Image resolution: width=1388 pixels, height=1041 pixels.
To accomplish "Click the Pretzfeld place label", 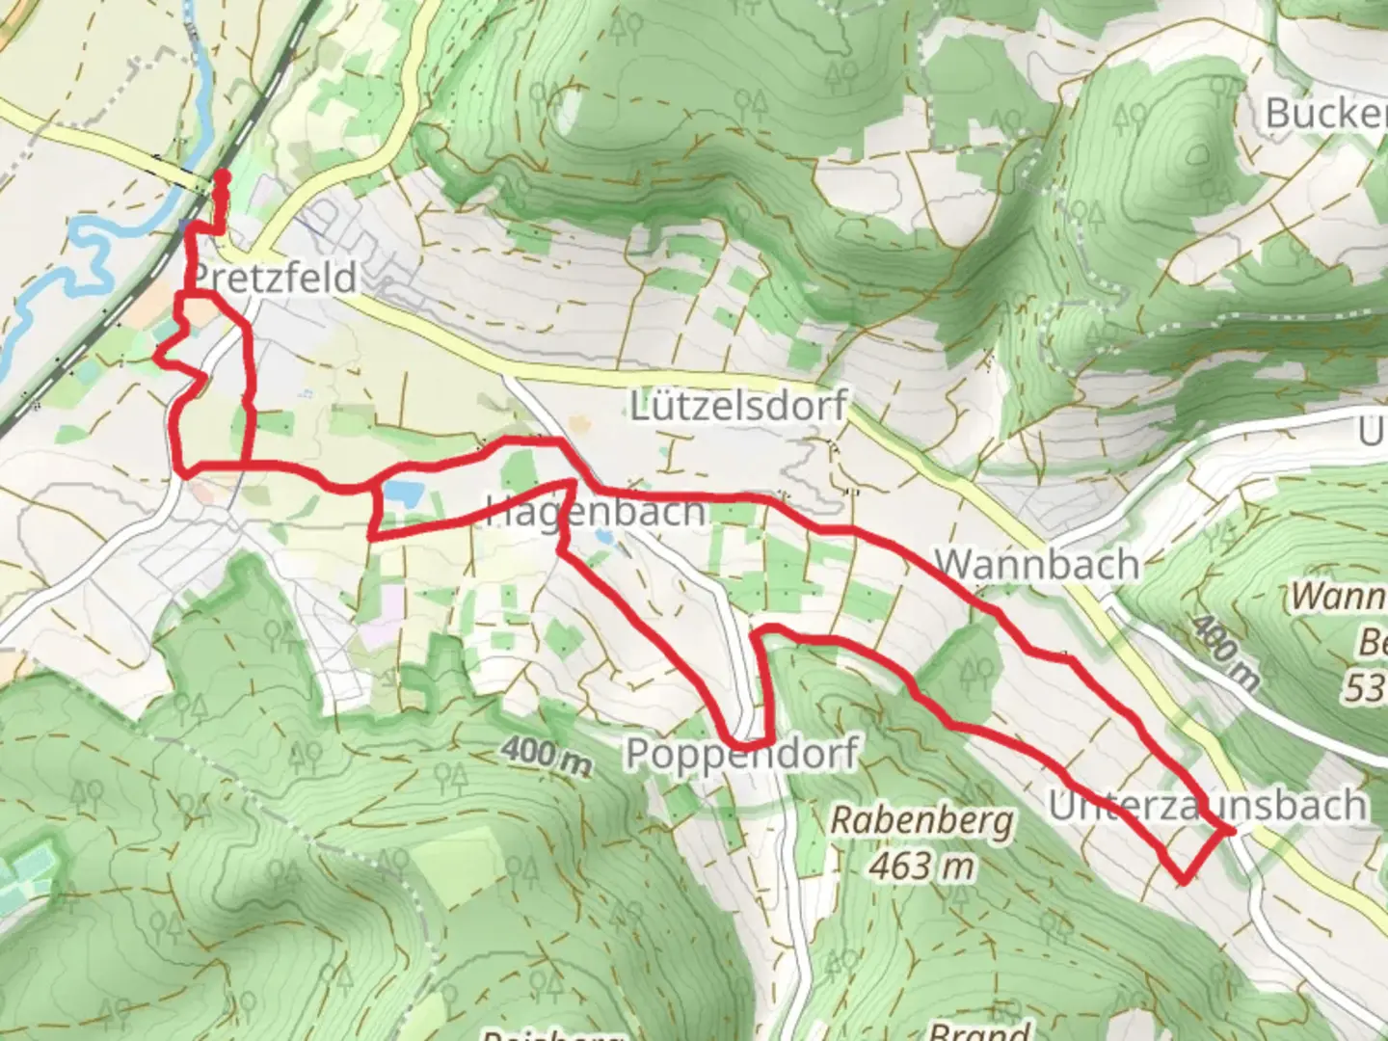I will pyautogui.click(x=274, y=279).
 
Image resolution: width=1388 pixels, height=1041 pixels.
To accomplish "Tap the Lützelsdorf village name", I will pyautogui.click(x=737, y=406).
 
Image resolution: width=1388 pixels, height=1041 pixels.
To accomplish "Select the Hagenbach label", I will pyautogui.click(x=596, y=512).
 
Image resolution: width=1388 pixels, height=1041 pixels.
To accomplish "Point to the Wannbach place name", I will pyautogui.click(x=1036, y=564).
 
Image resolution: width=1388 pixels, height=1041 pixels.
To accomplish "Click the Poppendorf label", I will pyautogui.click(x=741, y=753).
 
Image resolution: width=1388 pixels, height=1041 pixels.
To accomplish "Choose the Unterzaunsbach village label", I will pyautogui.click(x=1207, y=805).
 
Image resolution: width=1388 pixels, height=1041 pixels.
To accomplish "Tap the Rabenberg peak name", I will pyautogui.click(x=921, y=821).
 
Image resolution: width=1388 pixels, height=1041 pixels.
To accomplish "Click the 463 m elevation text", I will pyautogui.click(x=921, y=866).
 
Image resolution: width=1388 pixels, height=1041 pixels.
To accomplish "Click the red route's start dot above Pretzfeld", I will pyautogui.click(x=221, y=176).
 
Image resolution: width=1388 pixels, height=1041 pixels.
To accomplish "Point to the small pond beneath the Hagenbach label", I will pyautogui.click(x=603, y=536).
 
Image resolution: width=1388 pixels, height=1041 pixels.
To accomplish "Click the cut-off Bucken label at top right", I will pyautogui.click(x=1325, y=114).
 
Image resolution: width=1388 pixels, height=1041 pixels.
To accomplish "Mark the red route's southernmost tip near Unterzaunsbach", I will pyautogui.click(x=1183, y=879).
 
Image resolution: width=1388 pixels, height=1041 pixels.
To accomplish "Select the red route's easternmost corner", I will pyautogui.click(x=1231, y=830).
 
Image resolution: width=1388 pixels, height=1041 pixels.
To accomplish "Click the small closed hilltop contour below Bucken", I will pyautogui.click(x=1198, y=154).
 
